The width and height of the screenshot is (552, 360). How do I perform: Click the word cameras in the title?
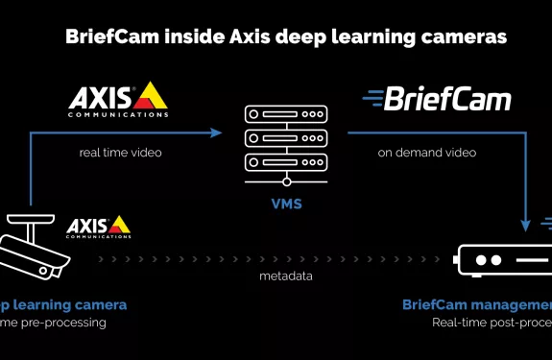(455, 38)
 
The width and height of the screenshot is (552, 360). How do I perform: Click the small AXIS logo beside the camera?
(98, 227)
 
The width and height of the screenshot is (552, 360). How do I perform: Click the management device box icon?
(501, 259)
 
